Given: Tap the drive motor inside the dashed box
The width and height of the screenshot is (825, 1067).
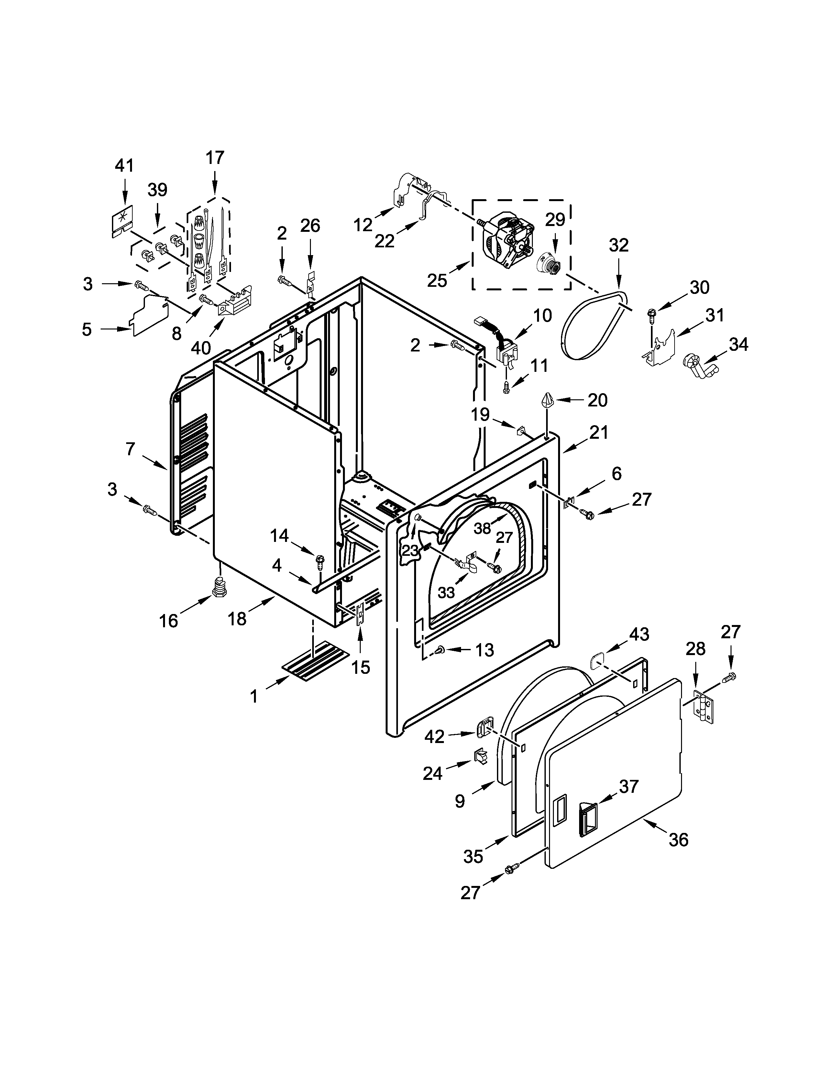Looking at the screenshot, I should point(508,239).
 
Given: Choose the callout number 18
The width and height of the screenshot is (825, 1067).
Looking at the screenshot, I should point(237,619).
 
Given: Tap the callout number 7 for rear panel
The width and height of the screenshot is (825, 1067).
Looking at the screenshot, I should point(130,448).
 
